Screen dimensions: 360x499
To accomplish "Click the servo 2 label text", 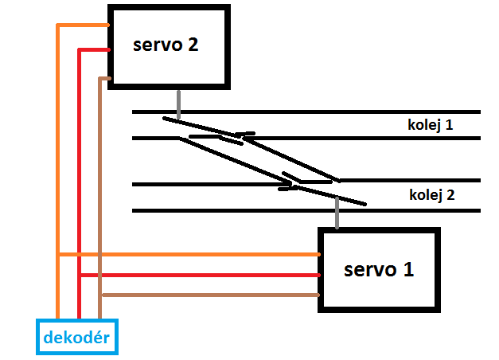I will [x=165, y=45].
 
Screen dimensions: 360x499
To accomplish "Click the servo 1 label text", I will [x=378, y=269].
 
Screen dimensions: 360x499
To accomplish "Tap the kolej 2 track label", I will [x=432, y=194].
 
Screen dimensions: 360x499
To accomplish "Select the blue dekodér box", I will [x=77, y=336].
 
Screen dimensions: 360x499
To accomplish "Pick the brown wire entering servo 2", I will [x=103, y=78].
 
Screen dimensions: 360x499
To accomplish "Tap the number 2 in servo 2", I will [x=191, y=45].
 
